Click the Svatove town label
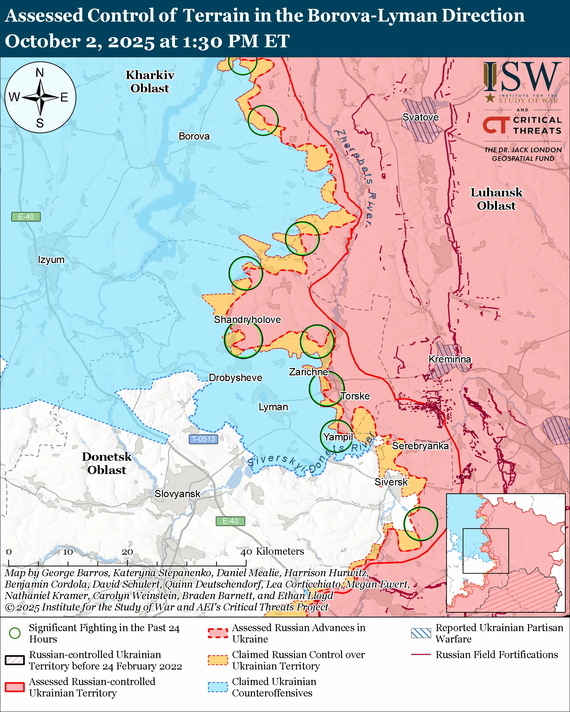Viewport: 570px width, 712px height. tap(420, 117)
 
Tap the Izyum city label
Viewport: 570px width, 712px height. tap(51, 260)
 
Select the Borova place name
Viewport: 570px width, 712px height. tap(194, 136)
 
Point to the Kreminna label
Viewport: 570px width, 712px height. tap(449, 359)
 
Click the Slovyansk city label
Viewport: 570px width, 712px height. tap(177, 494)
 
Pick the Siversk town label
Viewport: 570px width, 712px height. tap(391, 482)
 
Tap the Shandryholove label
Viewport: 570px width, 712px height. tap(247, 320)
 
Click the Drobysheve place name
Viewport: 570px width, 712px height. tap(235, 378)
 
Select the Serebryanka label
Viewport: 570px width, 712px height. tap(420, 446)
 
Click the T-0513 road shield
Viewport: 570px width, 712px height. tap(203, 439)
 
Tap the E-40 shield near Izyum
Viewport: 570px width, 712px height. tap(26, 217)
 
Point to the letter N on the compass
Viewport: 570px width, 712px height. tap(40, 72)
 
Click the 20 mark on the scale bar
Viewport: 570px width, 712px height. tap(127, 552)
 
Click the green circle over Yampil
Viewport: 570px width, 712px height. tap(337, 436)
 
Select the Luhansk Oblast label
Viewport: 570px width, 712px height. tap(496, 199)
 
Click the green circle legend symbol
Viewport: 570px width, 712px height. tap(15, 633)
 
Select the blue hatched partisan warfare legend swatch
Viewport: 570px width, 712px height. tap(421, 633)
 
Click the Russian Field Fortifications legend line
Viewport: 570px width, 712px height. tap(421, 655)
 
